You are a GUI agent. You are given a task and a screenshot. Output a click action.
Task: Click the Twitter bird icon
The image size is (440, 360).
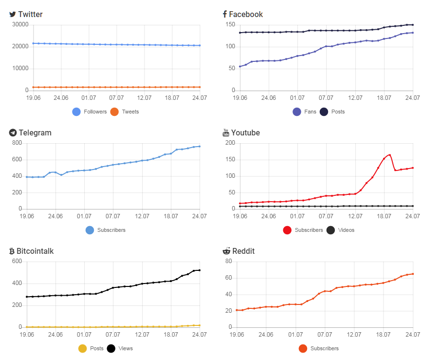[x=12, y=14]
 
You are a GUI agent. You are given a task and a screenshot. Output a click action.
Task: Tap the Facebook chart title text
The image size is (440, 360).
[x=246, y=14]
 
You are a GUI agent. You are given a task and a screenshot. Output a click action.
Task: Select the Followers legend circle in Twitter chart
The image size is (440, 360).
[x=76, y=112]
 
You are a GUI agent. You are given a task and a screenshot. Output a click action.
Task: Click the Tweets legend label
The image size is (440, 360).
[x=130, y=112]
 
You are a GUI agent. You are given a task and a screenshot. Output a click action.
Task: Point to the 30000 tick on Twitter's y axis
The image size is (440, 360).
[x=20, y=25]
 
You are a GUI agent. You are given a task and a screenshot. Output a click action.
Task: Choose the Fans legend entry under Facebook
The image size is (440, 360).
[x=305, y=112]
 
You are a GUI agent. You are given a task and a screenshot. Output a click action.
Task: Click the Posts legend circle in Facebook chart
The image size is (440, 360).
[x=324, y=112]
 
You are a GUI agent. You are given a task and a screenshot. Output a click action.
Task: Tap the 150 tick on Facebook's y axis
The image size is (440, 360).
[x=230, y=25]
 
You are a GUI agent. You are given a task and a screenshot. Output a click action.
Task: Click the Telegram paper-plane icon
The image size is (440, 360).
[x=13, y=133]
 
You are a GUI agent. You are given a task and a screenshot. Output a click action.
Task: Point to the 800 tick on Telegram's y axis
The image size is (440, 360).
[x=17, y=143]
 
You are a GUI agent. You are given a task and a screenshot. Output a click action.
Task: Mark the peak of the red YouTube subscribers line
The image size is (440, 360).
[x=389, y=155]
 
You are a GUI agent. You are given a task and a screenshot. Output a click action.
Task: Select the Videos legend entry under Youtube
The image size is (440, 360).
[x=340, y=230]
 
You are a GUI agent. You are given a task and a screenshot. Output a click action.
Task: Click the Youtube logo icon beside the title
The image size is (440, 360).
[x=226, y=133]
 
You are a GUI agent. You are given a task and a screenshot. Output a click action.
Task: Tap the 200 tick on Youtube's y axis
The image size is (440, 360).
[x=230, y=143]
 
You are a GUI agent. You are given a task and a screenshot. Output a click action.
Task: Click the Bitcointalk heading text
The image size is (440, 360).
[x=35, y=251]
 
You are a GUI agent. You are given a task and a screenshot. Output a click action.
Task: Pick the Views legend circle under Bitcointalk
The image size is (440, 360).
[x=111, y=348]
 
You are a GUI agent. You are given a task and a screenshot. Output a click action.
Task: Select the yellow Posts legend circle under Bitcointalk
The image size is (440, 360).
[x=83, y=348]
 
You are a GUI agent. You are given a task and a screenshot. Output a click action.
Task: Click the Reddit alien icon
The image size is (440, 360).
[x=226, y=251]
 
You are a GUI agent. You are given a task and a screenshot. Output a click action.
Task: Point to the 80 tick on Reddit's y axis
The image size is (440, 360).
[x=229, y=262]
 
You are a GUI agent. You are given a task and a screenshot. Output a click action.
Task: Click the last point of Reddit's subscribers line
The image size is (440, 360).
[x=413, y=274]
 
